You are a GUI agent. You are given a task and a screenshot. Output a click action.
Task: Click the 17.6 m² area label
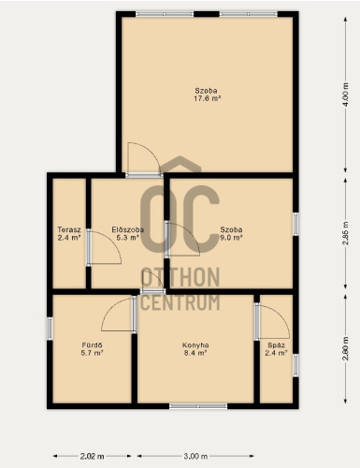click(x=208, y=98)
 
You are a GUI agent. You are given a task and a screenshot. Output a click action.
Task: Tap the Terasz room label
click(x=69, y=230)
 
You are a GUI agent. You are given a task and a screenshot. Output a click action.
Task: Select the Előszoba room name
click(x=128, y=230)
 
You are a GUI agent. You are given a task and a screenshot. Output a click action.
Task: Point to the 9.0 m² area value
click(x=231, y=238)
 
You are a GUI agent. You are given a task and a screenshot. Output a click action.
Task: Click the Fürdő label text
click(x=93, y=345)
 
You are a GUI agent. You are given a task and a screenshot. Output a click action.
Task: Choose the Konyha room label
click(x=195, y=345)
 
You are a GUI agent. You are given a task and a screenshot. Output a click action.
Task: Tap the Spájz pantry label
click(x=276, y=345)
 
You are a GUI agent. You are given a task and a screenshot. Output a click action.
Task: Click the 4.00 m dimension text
click(x=345, y=95)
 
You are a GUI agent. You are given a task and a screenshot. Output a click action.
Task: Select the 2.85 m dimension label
click(x=345, y=233)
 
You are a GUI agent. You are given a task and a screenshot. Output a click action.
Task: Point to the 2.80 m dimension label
click(x=345, y=348)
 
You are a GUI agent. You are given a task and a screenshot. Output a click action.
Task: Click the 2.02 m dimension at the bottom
click(x=93, y=457)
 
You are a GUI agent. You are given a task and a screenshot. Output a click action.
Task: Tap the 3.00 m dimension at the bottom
click(x=195, y=457)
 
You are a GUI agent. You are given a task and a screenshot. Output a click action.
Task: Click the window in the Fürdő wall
click(x=50, y=328)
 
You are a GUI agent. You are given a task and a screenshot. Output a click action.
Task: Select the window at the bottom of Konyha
click(x=198, y=406)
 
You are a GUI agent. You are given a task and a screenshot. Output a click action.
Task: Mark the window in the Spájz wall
click(x=295, y=365)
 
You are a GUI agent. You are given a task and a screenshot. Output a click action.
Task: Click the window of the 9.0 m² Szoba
click(x=295, y=224)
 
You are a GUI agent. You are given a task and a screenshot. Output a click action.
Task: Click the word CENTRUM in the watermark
click(x=180, y=302)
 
